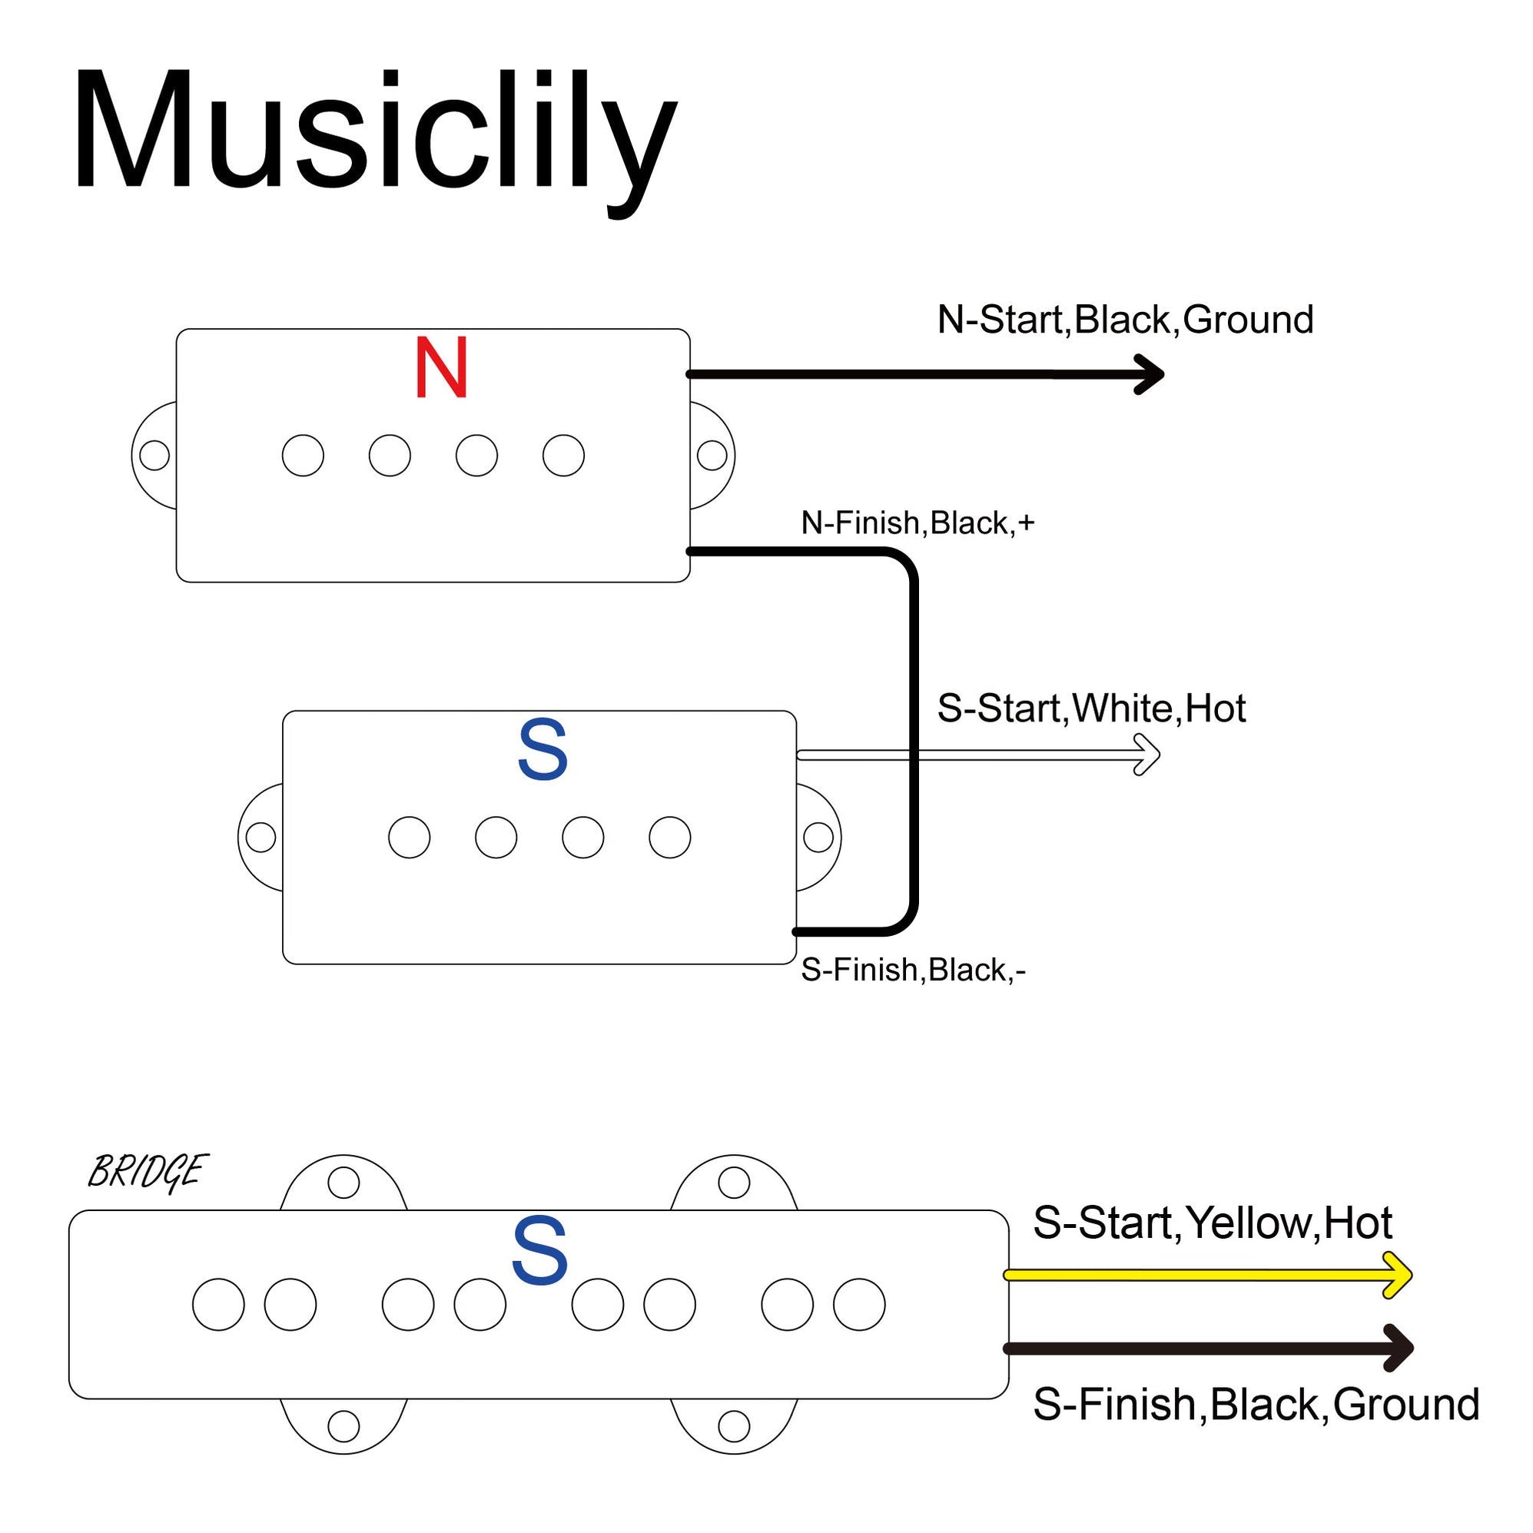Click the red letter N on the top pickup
[x=441, y=368]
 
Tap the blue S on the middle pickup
[x=543, y=751]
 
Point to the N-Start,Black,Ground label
[x=1125, y=320]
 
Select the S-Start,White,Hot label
[x=1091, y=708]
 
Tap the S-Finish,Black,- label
[x=914, y=971]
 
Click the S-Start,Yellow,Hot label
[x=1213, y=1223]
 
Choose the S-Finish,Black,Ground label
[x=1256, y=1405]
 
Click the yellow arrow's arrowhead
[x=1401, y=1275]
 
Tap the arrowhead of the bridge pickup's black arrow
[x=1402, y=1347]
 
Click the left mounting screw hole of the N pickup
[x=154, y=456]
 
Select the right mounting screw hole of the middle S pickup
[x=818, y=837]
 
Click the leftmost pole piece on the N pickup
[x=303, y=456]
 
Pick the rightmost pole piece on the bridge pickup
[x=859, y=1305]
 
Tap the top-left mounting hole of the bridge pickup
[x=343, y=1183]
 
